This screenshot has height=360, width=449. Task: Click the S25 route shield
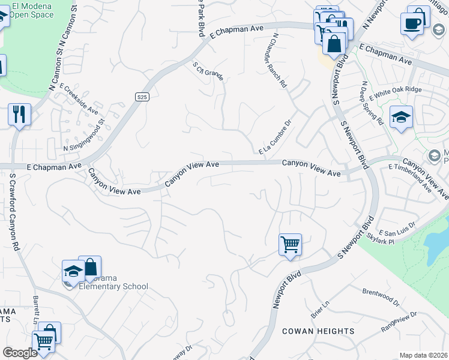142,96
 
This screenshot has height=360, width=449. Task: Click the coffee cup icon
413,23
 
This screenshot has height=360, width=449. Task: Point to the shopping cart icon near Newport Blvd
290,244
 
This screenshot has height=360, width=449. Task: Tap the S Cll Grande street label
208,71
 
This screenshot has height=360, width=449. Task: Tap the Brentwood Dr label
381,295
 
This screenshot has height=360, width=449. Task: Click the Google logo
20,353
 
